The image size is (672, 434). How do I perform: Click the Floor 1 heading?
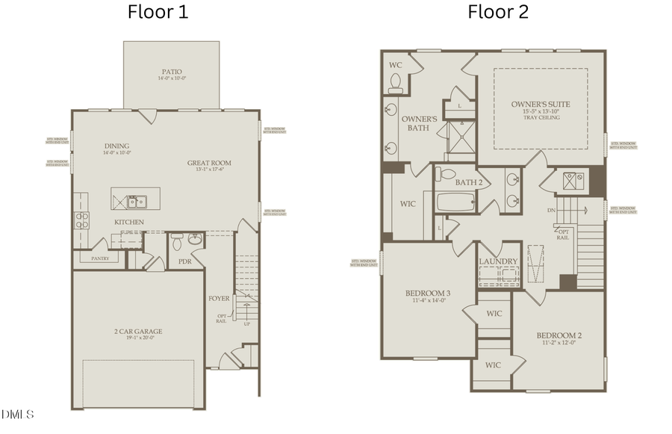(158, 12)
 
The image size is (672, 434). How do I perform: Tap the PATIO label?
(171, 73)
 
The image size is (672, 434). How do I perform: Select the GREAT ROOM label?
(209, 163)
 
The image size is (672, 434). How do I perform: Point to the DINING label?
(116, 146)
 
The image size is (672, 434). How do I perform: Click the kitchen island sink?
(137, 201)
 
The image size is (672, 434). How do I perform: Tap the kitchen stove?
(81, 220)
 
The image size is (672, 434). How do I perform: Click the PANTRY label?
(99, 258)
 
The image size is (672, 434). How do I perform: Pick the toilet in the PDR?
(176, 241)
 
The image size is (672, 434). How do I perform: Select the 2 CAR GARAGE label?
(138, 331)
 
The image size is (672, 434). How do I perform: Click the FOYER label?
(219, 298)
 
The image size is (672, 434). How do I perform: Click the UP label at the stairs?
(246, 323)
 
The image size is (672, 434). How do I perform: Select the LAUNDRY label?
(499, 261)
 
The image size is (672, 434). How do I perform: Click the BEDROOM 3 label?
(428, 293)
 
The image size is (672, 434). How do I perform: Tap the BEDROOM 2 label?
(559, 335)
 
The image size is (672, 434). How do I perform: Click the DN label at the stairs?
(551, 211)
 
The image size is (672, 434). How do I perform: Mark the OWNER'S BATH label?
(419, 123)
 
